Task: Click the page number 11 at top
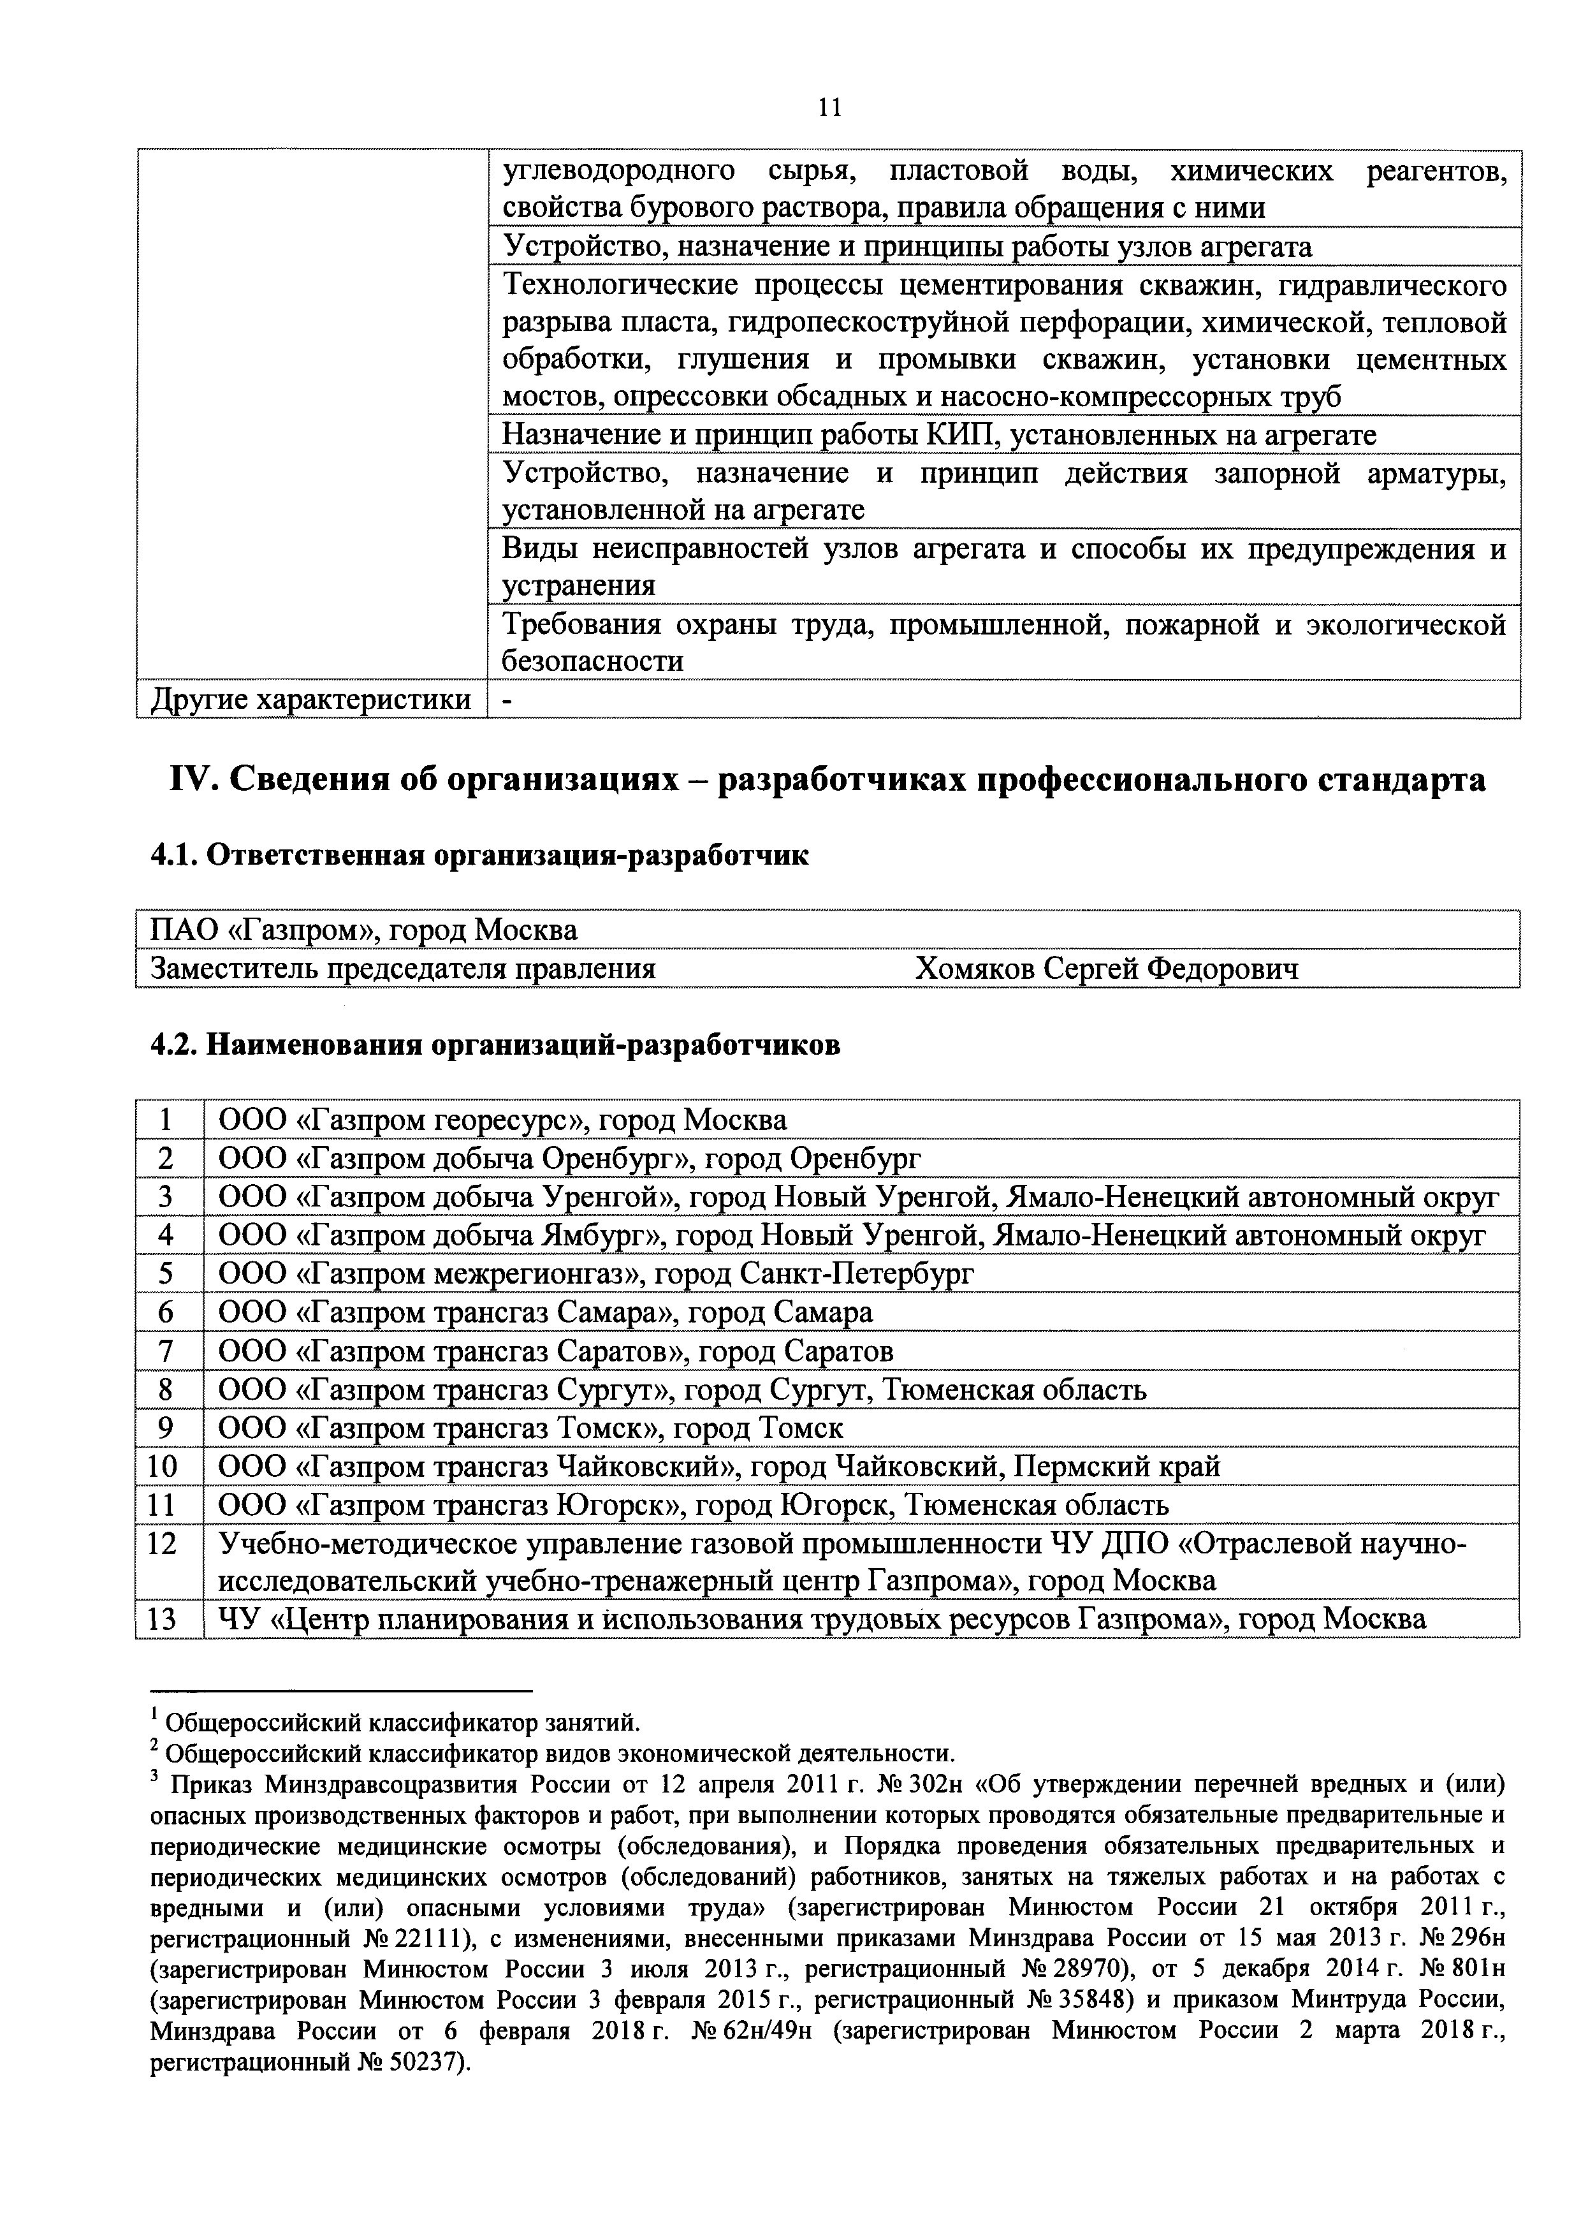point(829,107)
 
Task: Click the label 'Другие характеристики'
point(310,700)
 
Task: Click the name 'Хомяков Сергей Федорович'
point(1105,969)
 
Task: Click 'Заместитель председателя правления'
point(402,969)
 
